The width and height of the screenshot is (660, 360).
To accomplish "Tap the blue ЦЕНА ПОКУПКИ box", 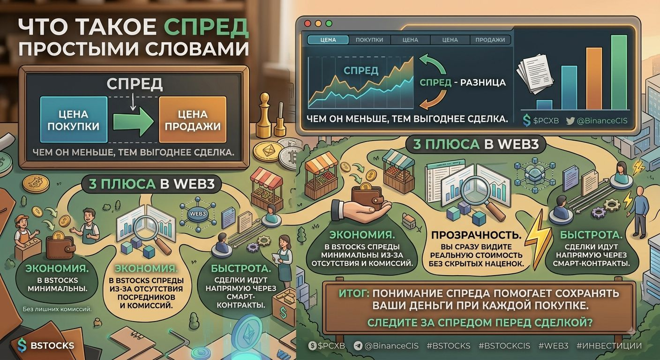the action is coord(74,120).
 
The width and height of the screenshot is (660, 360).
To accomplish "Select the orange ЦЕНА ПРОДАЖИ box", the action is coord(193,120).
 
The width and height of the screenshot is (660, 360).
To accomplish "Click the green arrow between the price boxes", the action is coord(134,121).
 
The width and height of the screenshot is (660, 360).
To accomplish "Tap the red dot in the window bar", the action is coord(307,23).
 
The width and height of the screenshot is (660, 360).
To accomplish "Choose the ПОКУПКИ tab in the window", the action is coord(369,40).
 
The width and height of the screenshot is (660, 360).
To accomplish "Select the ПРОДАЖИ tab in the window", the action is coord(490,40).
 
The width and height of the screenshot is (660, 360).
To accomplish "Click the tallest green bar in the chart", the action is coord(619,72).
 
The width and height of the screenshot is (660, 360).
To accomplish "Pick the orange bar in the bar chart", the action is coord(594,78).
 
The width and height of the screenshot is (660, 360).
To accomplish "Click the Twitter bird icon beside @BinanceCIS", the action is coord(570,121).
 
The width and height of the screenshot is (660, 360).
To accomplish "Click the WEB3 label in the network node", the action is coord(198,214).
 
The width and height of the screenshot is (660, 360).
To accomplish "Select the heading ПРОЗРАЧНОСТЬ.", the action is coord(476,235).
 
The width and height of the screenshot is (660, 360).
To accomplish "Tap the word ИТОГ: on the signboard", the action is coord(354,293).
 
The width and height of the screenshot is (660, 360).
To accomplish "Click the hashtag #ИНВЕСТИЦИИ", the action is coord(609,345).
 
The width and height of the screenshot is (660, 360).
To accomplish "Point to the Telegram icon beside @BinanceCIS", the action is coord(358,345).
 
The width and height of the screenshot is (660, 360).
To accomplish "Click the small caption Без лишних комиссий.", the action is coord(57,309).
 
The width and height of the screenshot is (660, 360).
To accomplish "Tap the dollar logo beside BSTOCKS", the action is coord(22,345).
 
